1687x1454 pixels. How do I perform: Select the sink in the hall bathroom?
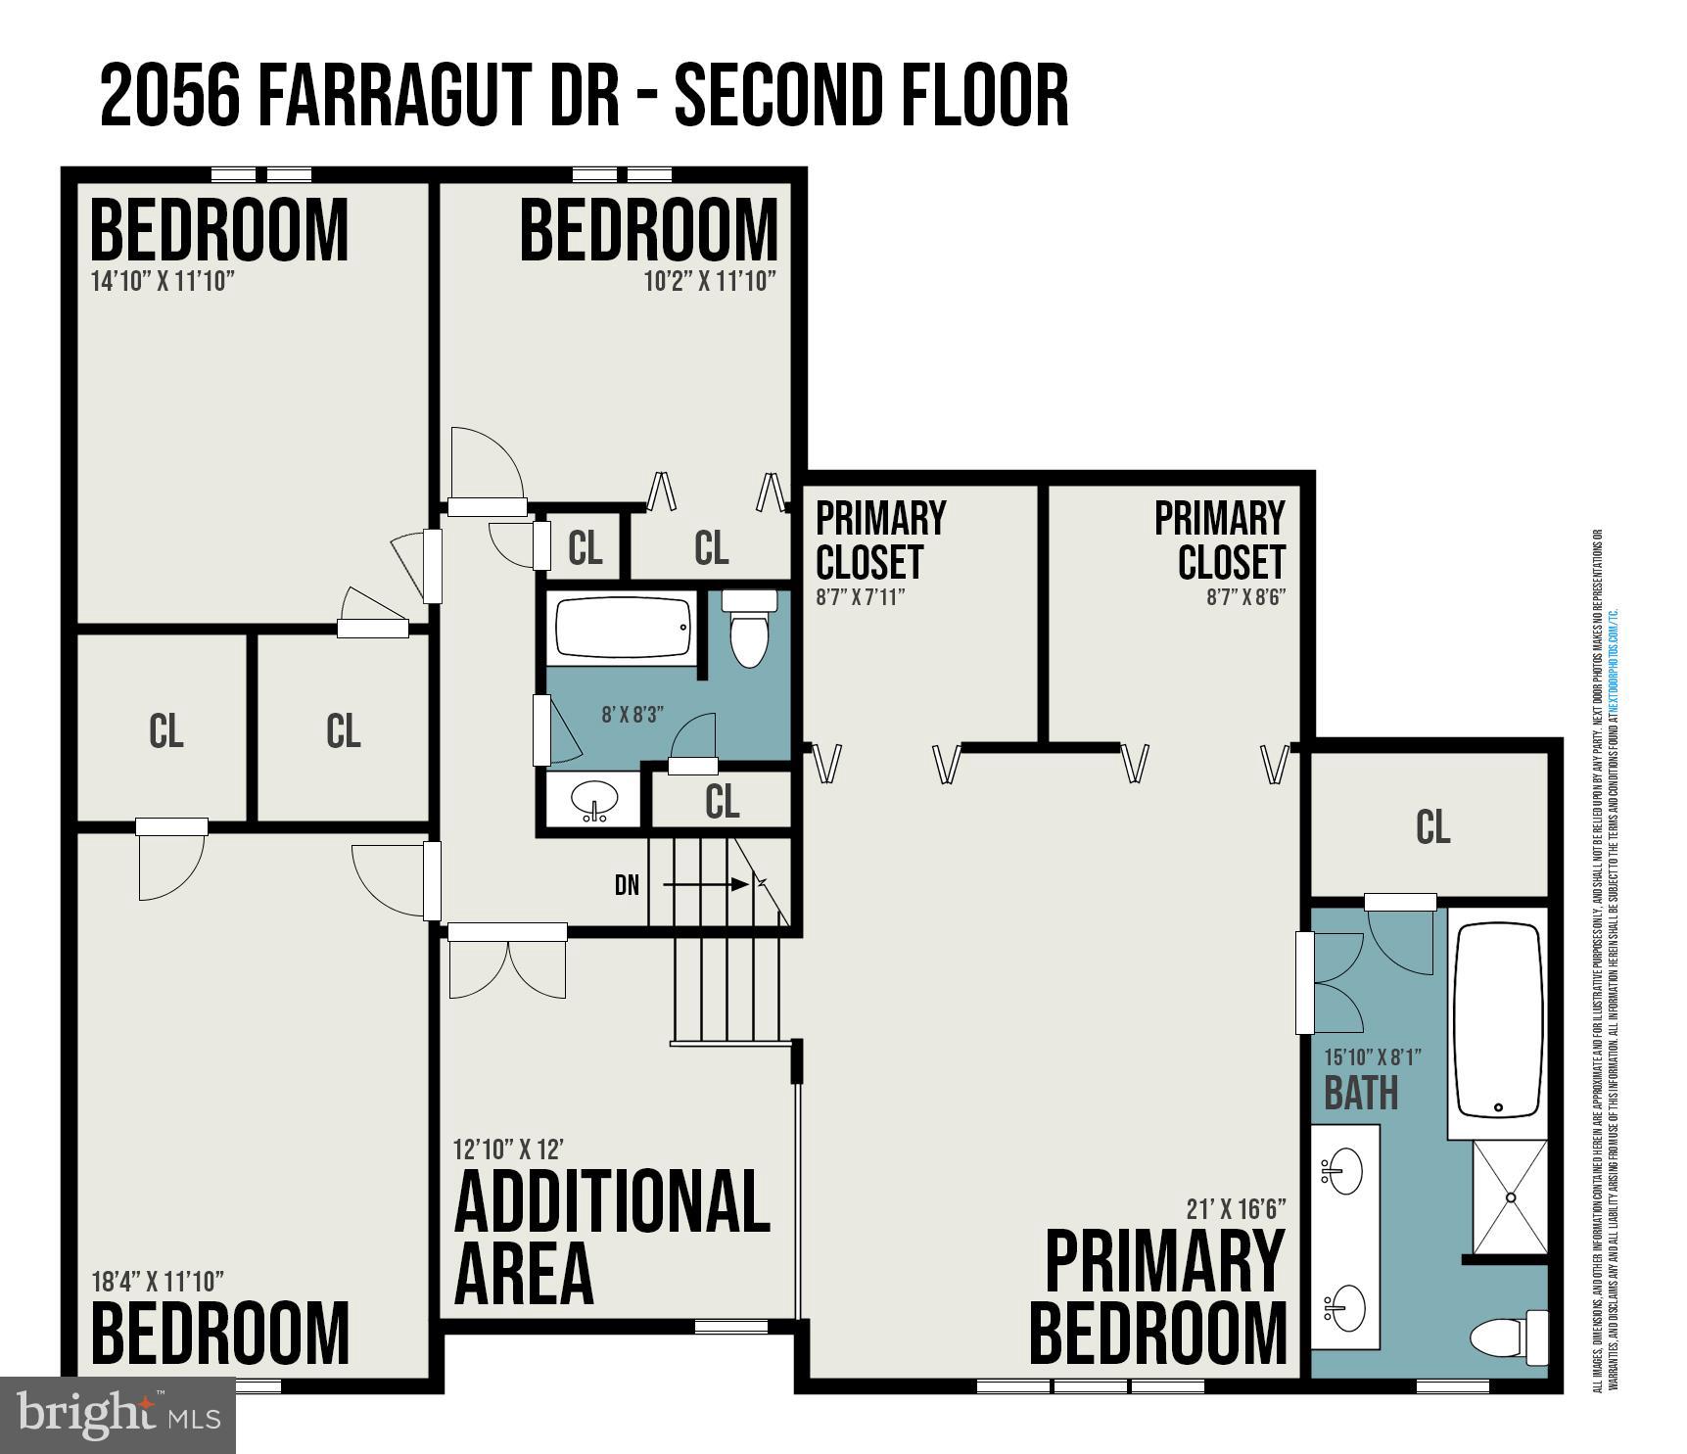[594, 799]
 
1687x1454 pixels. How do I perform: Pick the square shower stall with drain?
[1510, 1196]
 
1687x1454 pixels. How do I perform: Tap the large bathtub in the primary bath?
[1498, 1020]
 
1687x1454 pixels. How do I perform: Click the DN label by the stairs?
[627, 885]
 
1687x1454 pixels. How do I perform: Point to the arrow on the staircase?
[705, 884]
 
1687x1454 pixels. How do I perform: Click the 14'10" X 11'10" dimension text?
[163, 282]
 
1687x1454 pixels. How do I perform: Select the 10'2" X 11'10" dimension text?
[710, 282]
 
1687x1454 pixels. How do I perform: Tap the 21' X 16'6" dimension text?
[1236, 1209]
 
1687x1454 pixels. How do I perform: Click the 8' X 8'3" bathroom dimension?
[633, 715]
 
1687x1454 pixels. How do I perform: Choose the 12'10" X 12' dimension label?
[508, 1149]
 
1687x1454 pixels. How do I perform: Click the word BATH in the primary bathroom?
[1361, 1093]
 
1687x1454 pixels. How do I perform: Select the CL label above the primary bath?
[1431, 828]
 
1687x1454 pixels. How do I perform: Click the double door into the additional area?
[507, 964]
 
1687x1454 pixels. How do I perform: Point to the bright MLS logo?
[117, 1415]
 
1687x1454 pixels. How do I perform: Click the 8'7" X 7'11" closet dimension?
[860, 597]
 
